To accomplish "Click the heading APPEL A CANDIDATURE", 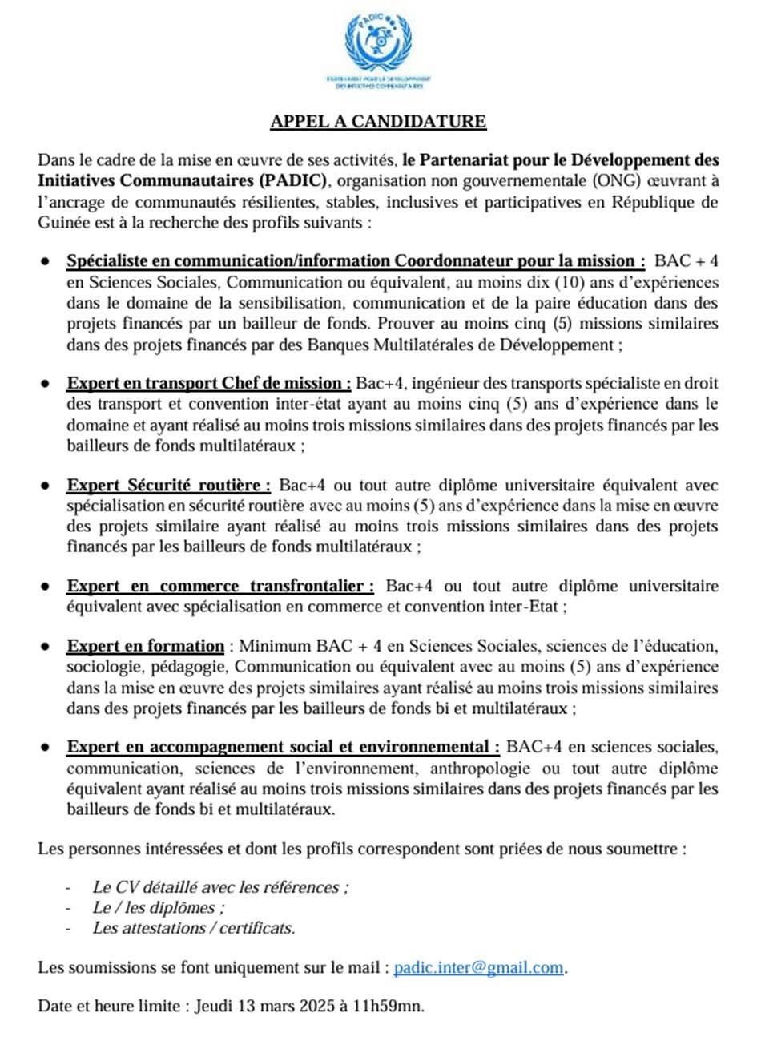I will click(x=378, y=122).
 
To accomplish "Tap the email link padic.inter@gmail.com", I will click(x=479, y=967).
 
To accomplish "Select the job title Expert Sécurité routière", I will click(x=169, y=486).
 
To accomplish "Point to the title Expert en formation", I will click(x=146, y=646).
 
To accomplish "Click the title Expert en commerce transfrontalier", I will click(x=220, y=587).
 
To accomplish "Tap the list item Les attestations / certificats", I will click(x=194, y=929).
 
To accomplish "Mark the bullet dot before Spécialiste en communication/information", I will click(x=48, y=261).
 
